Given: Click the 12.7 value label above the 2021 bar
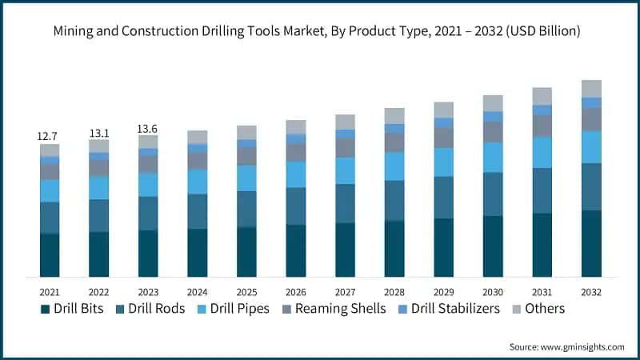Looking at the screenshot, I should (x=50, y=137).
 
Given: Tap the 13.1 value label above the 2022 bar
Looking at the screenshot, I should (x=98, y=133).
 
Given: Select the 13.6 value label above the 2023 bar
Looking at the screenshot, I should (x=148, y=128).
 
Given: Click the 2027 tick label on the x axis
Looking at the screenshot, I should (x=345, y=291).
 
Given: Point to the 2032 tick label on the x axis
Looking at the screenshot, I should (x=591, y=291).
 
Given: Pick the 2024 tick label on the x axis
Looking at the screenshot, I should (x=198, y=291).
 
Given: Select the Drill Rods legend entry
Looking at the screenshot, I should (x=150, y=309).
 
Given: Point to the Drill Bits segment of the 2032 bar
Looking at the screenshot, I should (x=591, y=243).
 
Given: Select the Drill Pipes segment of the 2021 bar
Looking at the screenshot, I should (x=50, y=190).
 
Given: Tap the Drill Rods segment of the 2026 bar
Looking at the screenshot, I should (x=296, y=206).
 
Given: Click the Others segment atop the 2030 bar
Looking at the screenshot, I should (x=493, y=103).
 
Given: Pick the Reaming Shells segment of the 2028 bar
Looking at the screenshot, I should (x=394, y=142).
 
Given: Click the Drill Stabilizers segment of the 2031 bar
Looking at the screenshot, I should (x=542, y=110).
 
